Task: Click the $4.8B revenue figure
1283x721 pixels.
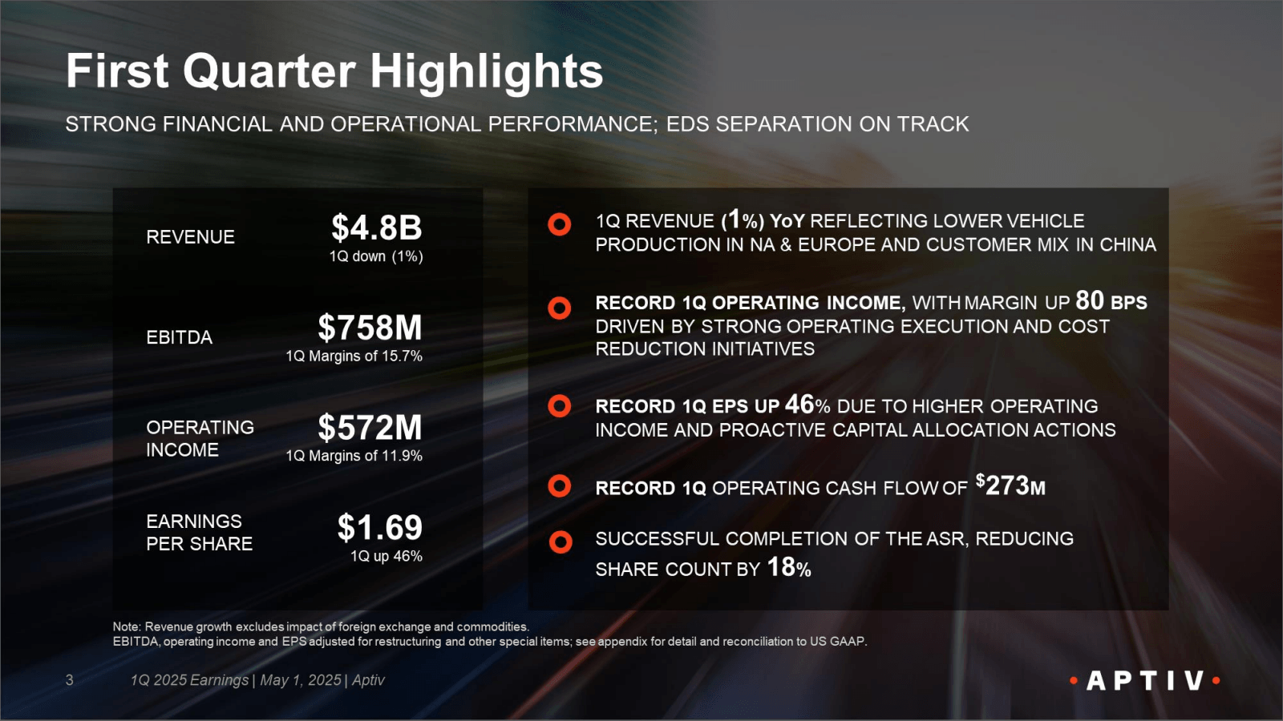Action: pyautogui.click(x=376, y=228)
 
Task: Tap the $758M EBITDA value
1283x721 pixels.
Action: pyautogui.click(x=370, y=328)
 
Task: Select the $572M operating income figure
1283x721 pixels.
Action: pyautogui.click(x=370, y=428)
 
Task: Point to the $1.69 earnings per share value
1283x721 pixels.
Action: pyautogui.click(x=379, y=528)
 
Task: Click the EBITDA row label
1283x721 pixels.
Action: pyautogui.click(x=179, y=337)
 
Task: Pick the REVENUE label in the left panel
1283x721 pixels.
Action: pyautogui.click(x=190, y=237)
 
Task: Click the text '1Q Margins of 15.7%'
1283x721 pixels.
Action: pyautogui.click(x=354, y=356)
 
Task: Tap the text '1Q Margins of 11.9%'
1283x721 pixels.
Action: pyautogui.click(x=354, y=456)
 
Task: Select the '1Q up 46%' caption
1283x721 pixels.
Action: pyautogui.click(x=386, y=556)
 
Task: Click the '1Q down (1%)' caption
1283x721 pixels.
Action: pyautogui.click(x=375, y=256)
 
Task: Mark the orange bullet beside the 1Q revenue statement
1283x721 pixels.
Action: pyautogui.click(x=559, y=224)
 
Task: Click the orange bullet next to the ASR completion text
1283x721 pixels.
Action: pyautogui.click(x=561, y=542)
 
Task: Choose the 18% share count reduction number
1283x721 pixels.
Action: pyautogui.click(x=789, y=567)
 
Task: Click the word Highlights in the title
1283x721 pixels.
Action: pyautogui.click(x=486, y=71)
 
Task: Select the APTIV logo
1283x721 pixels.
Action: pyautogui.click(x=1144, y=681)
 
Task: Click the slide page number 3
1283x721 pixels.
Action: pyautogui.click(x=70, y=680)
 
